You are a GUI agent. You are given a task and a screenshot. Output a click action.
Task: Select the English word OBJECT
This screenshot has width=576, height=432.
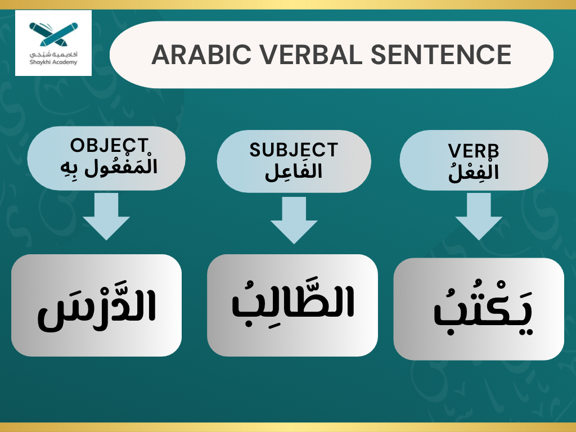pos(109,145)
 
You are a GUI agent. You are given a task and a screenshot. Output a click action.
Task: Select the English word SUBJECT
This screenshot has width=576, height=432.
pos(294,150)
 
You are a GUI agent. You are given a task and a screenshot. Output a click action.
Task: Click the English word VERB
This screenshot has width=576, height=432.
pos(474,151)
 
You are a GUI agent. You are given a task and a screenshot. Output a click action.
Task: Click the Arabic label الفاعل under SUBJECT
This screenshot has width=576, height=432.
pos(294,170)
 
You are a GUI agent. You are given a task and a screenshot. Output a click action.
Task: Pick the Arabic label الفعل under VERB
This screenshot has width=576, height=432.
pos(474,171)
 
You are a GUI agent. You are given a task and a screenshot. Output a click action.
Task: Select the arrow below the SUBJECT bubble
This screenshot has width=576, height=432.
pos(293,219)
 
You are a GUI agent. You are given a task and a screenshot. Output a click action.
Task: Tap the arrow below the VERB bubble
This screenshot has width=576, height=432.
pos(478,216)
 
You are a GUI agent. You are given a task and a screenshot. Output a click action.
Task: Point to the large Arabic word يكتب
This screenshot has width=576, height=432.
pos(478,313)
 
